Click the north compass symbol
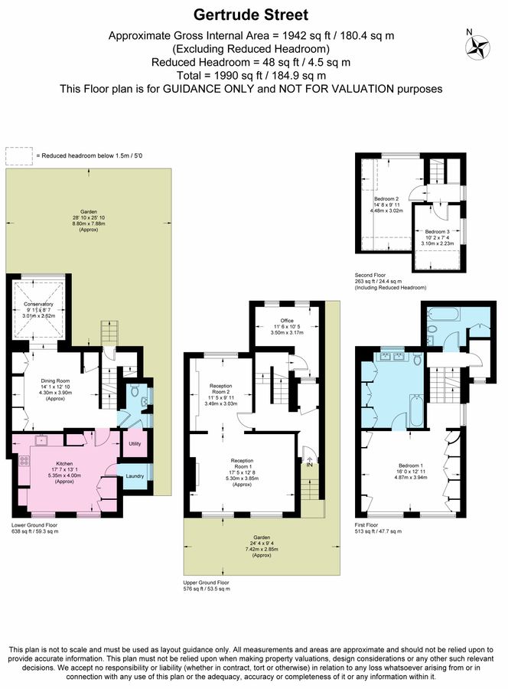click(477, 47)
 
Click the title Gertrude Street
click(251, 15)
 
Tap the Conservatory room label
click(39, 304)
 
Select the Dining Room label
click(55, 381)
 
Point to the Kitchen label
click(64, 464)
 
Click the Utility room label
click(135, 443)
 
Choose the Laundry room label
click(135, 476)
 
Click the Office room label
click(287, 321)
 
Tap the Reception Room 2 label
click(221, 389)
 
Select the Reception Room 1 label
click(242, 464)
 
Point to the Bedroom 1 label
click(411, 465)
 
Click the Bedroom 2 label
click(386, 199)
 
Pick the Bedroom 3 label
click(437, 231)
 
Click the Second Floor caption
click(370, 275)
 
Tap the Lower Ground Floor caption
click(34, 525)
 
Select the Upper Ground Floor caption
click(206, 583)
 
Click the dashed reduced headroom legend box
click(19, 156)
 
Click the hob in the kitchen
click(24, 462)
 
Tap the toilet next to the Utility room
click(135, 390)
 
